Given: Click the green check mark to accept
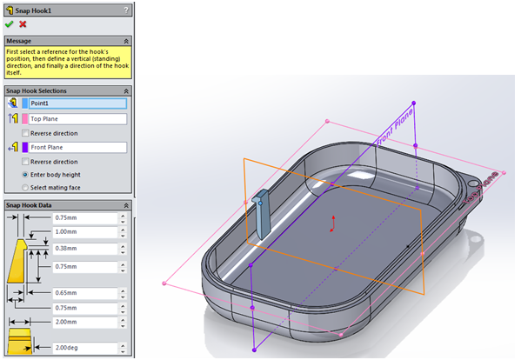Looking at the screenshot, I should (10, 24).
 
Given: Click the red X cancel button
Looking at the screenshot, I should (23, 24).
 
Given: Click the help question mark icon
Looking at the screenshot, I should (127, 10).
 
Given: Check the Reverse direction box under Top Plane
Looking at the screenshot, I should (25, 133).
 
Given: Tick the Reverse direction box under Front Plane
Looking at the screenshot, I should (25, 162).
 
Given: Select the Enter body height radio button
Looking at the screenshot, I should (25, 175).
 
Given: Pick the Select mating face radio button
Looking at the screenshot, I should (25, 187).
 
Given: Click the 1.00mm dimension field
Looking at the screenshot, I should (85, 232).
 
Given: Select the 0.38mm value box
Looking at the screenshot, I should (85, 248).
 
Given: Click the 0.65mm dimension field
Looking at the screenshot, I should (85, 293).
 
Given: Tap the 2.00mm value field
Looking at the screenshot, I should (85, 323).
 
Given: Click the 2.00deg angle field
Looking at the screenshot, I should (85, 348).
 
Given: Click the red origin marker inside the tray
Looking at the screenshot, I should (331, 230).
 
